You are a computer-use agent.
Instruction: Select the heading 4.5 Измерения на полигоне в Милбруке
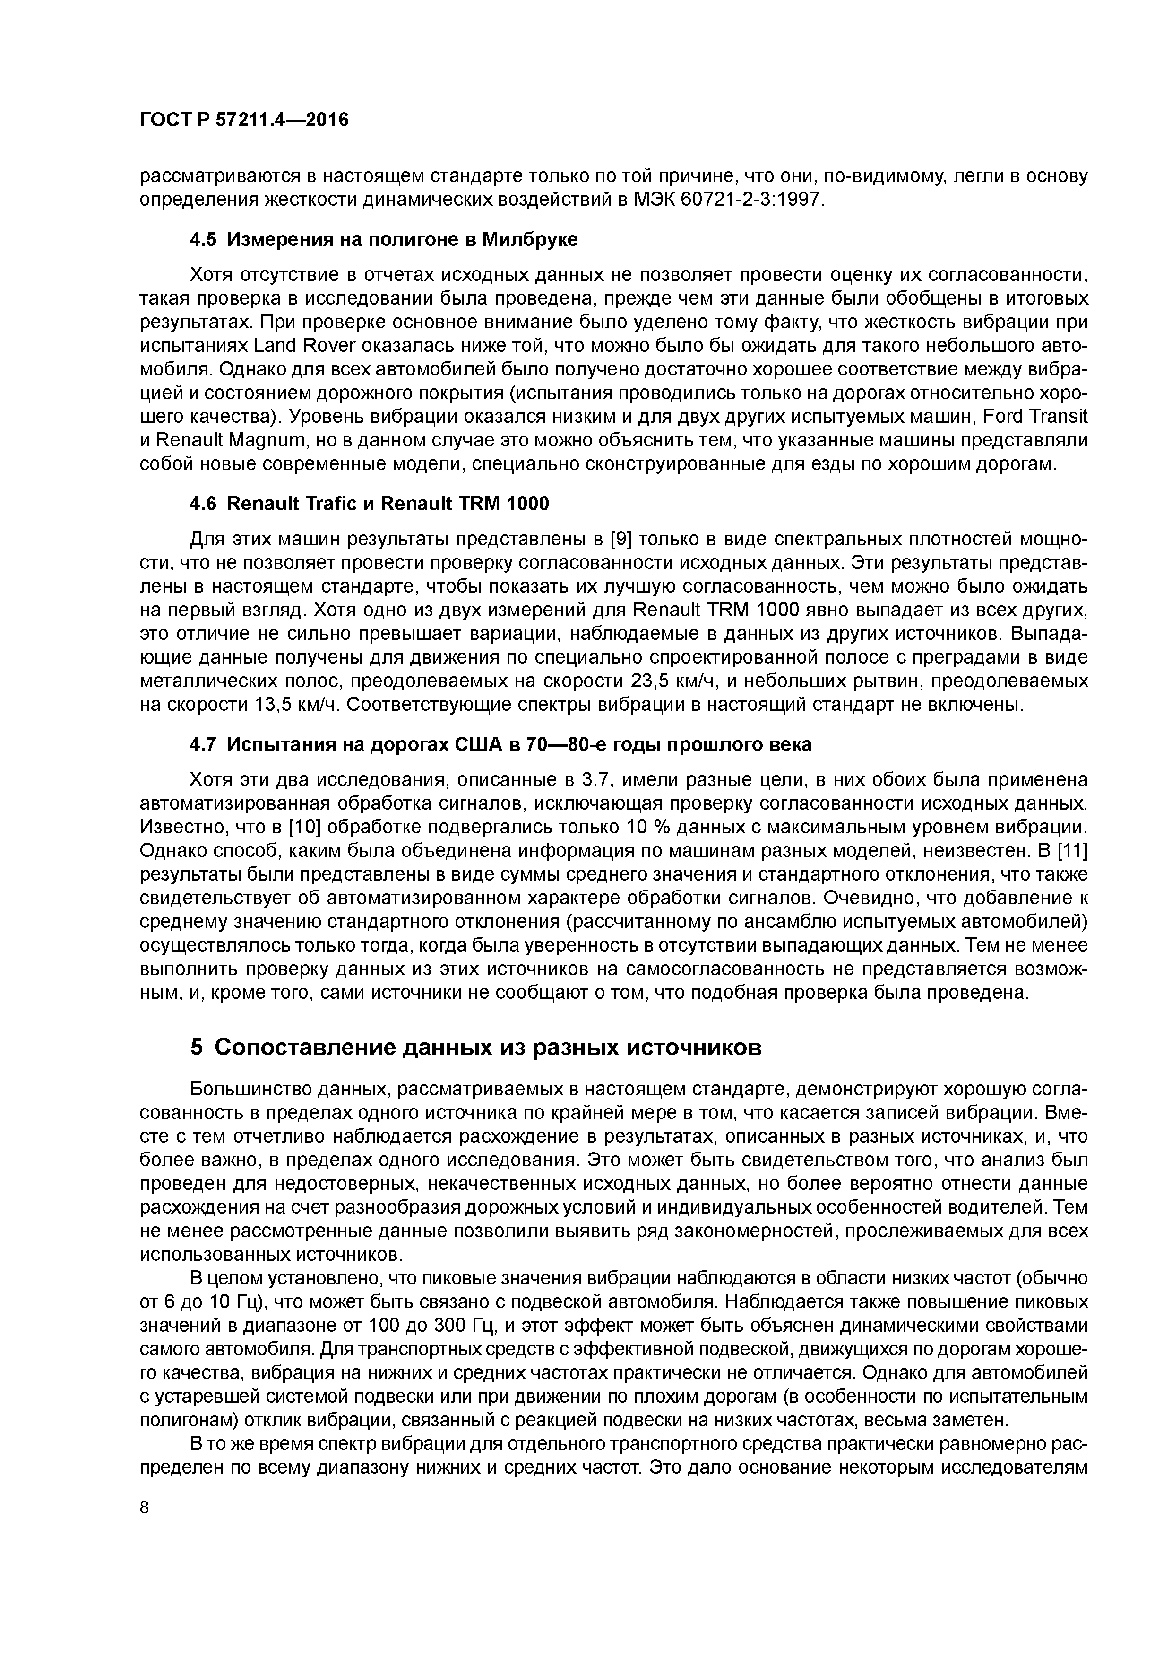pos(383,240)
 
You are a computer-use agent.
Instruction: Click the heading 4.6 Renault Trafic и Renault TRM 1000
pos(369,504)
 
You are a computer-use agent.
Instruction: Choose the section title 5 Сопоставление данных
pos(476,1047)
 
